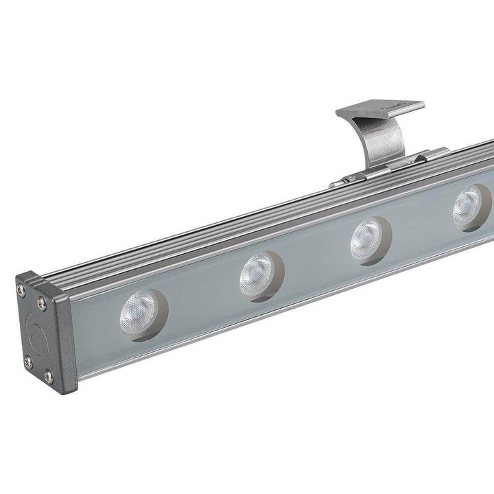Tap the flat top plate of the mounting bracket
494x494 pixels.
pyautogui.click(x=380, y=110)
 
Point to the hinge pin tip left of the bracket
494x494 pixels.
pyautogui.click(x=333, y=185)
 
